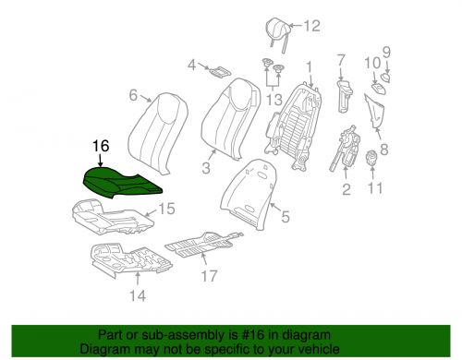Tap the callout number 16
[102, 146]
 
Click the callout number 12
[310, 26]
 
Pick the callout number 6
[134, 95]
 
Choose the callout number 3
[206, 169]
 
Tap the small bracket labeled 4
[219, 69]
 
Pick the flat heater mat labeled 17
[203, 245]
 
